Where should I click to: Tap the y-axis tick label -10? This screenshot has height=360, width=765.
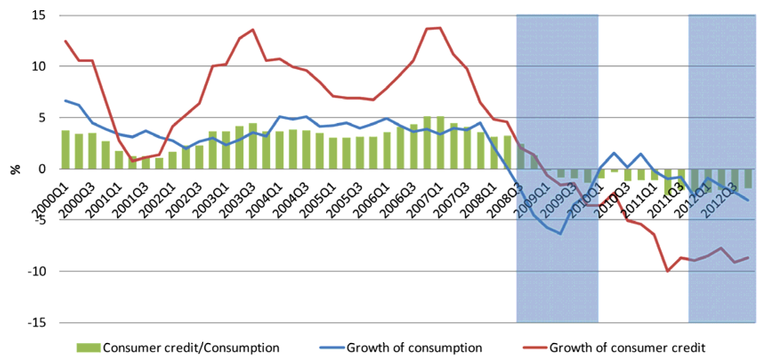(37, 271)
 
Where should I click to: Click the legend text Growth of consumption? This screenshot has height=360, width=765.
(414, 348)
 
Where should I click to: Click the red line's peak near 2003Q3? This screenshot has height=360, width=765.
(253, 29)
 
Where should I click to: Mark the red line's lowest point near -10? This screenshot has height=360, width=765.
(668, 271)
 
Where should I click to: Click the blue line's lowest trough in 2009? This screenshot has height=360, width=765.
(560, 234)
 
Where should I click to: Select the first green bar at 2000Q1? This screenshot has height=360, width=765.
(65, 150)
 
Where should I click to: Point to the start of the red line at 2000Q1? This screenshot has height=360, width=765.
(65, 41)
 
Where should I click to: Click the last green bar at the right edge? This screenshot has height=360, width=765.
(748, 178)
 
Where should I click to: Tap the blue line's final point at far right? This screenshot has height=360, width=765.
(748, 200)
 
